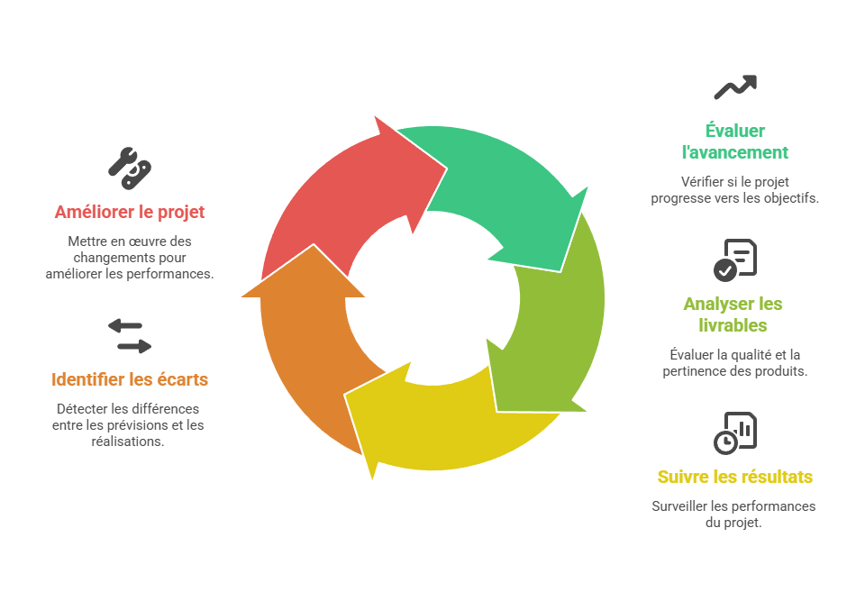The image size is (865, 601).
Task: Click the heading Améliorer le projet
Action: tap(130, 213)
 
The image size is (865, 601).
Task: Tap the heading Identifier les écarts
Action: tap(130, 379)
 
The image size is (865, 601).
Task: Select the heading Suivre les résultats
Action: tap(735, 477)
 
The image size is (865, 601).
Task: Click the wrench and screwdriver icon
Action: tap(130, 163)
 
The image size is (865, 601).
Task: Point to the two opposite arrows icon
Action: tap(130, 335)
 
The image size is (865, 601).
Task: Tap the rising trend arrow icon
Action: tap(735, 87)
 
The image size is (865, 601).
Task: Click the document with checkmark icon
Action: tap(735, 260)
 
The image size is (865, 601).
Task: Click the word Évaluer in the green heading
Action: tap(735, 131)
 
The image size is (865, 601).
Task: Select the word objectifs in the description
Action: tap(789, 198)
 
